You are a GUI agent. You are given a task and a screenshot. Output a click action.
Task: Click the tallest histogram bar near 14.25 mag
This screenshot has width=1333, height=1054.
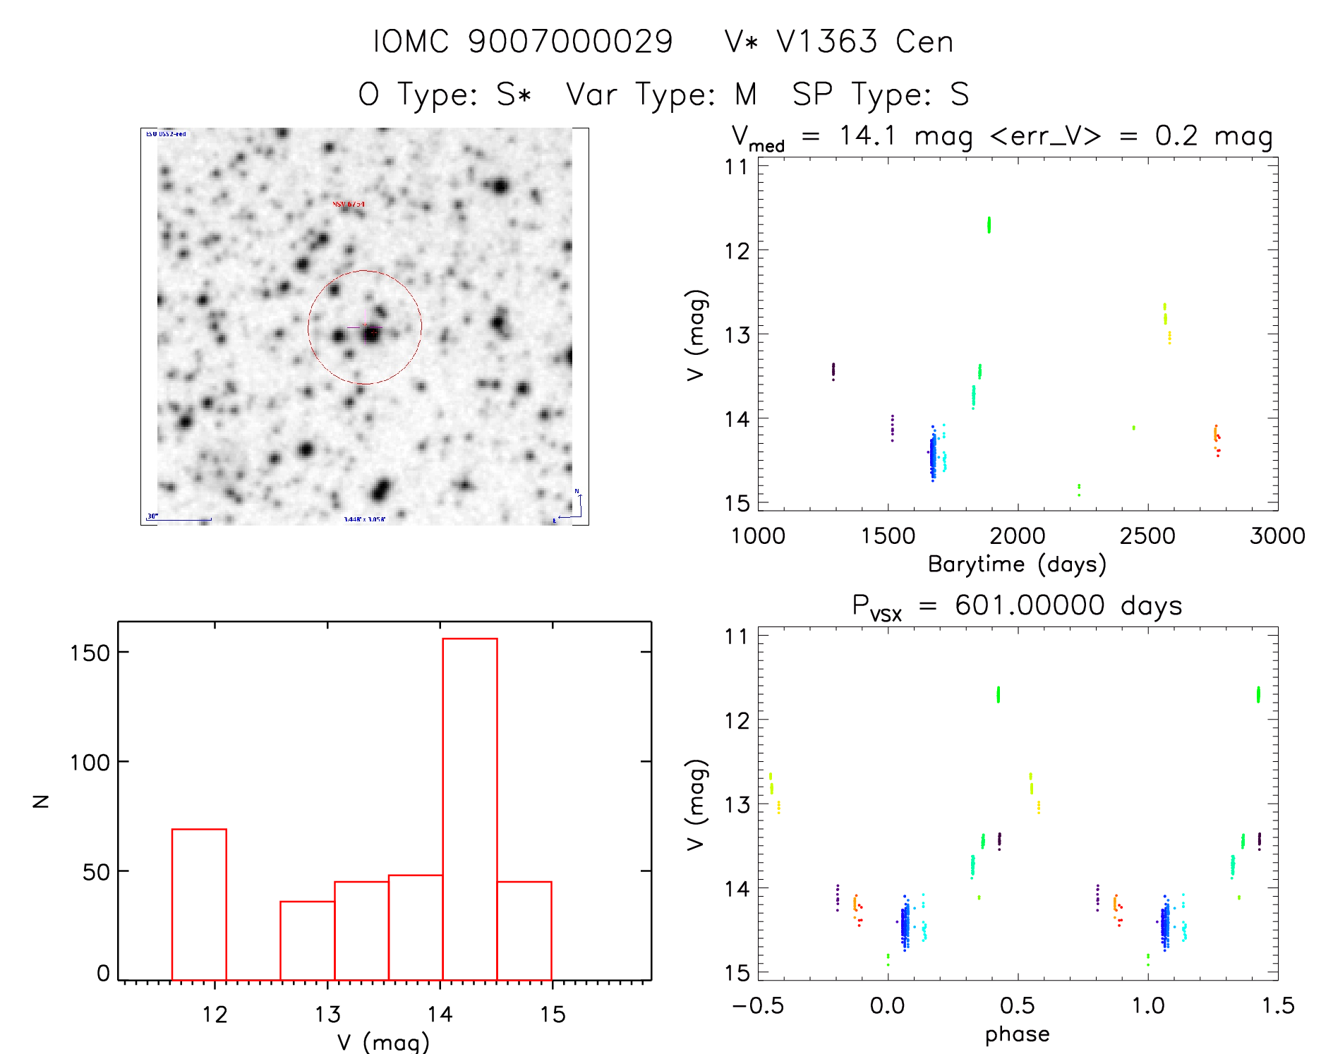[469, 808]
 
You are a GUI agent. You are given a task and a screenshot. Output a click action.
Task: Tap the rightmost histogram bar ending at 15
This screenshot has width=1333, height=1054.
[524, 931]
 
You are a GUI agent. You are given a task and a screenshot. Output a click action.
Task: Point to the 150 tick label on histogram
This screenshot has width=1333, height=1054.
[90, 653]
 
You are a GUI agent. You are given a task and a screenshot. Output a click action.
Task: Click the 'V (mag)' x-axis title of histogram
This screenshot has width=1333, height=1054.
[382, 1041]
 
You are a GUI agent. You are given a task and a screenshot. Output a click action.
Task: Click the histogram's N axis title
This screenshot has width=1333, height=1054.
[41, 801]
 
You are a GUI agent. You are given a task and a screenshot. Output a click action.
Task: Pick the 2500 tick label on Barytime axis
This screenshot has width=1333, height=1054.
[1147, 536]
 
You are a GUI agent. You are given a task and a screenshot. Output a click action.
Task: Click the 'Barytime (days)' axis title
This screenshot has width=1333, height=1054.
[1016, 564]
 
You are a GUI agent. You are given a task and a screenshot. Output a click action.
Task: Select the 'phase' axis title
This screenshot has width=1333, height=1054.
[1017, 1034]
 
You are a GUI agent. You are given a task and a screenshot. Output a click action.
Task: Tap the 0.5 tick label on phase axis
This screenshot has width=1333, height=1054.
[1017, 1006]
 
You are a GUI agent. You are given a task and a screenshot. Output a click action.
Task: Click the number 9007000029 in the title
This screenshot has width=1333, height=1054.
[570, 42]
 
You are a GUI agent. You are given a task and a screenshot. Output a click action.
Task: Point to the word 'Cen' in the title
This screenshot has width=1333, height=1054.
[924, 42]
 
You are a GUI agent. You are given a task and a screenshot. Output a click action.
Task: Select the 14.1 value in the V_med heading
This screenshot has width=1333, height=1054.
[867, 135]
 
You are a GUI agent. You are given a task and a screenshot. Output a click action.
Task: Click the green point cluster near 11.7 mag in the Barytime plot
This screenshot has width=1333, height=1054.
[989, 224]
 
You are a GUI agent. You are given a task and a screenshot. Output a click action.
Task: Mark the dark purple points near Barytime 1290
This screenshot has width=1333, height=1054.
[833, 370]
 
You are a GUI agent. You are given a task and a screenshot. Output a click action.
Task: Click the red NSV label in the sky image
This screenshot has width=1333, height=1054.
[349, 205]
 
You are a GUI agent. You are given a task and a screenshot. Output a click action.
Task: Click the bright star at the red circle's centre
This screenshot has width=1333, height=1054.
[371, 334]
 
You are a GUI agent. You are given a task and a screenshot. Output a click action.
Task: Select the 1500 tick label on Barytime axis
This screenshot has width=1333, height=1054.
[888, 536]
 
